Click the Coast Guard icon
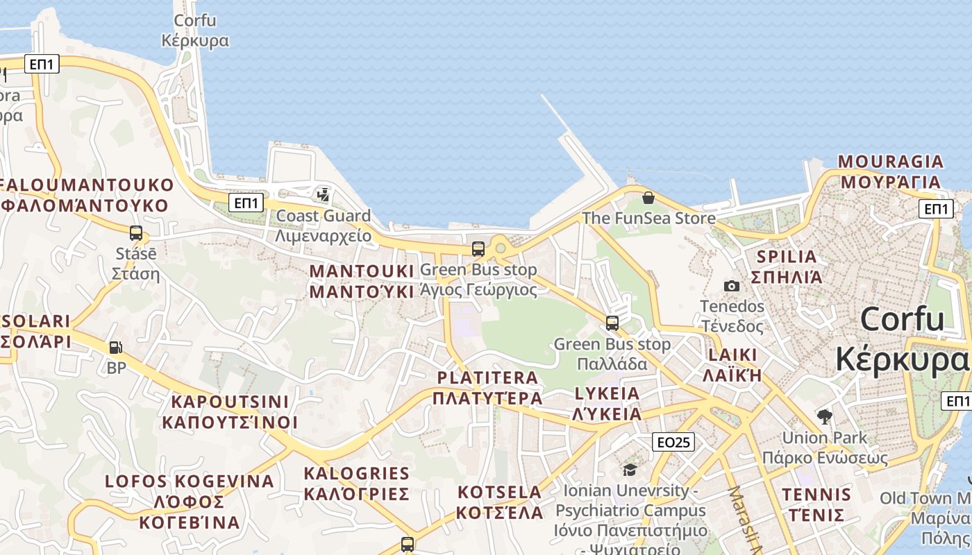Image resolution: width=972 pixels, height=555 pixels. click(323, 194)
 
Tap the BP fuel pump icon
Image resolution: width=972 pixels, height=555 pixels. click(115, 348)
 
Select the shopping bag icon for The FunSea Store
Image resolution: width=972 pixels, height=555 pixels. click(648, 198)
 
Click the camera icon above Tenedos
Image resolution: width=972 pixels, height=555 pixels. click(731, 286)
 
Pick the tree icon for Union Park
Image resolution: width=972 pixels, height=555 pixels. click(825, 417)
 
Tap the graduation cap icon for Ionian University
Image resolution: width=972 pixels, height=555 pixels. click(630, 470)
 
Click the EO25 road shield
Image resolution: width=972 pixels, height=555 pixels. click(673, 441)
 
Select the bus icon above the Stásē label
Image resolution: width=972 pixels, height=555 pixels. click(136, 233)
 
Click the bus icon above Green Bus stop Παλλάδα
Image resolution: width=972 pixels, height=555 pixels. click(612, 323)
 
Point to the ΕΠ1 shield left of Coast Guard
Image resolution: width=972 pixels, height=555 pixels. click(247, 203)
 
